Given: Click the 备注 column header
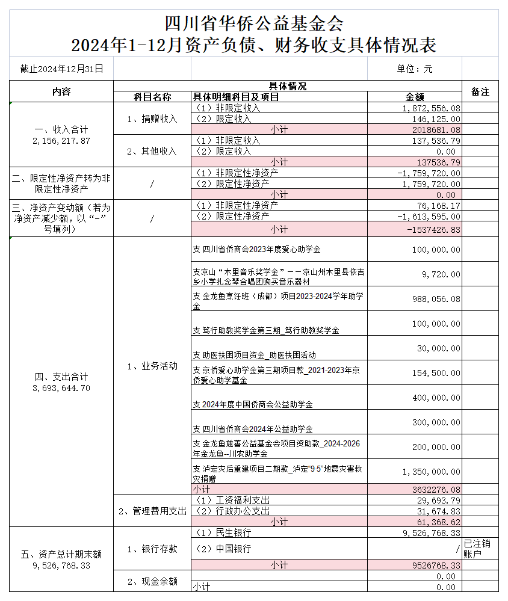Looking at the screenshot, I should pos(480,91).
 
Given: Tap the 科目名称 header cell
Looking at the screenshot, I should pos(152,97).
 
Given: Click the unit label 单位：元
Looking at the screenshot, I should pos(415,69).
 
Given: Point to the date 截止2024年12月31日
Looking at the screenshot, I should pos(61,69).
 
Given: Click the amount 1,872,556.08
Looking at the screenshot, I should pos(431,108).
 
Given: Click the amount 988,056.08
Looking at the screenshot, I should pos(435,298).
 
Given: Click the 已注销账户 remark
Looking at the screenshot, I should pos(480,549).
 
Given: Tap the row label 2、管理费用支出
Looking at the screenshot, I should pos(152,511).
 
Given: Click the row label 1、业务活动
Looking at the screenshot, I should pos(152,366).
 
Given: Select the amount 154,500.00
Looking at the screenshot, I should pos(435,373).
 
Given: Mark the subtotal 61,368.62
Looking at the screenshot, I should pos(435,522).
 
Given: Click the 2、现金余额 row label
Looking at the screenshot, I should pos(152,581).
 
